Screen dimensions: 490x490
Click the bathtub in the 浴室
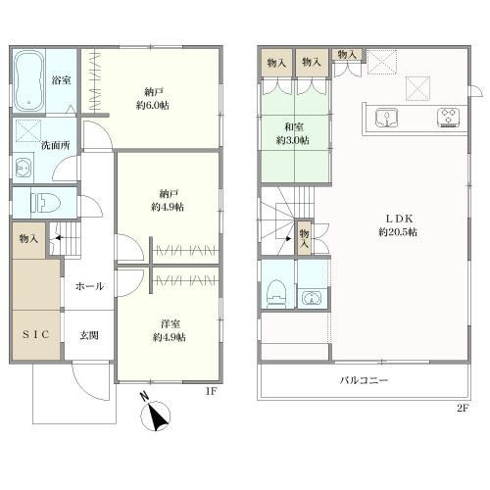click(29, 80)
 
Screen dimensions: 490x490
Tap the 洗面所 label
click(56, 145)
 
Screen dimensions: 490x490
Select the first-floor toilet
click(45, 203)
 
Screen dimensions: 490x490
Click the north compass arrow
click(155, 416)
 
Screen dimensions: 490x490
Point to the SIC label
click(36, 334)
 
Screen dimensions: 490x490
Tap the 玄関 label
click(89, 335)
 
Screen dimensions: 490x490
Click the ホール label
click(89, 286)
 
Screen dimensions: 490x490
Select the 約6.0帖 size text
click(153, 106)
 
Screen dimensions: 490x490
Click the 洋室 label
click(171, 323)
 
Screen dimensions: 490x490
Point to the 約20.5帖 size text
click(398, 232)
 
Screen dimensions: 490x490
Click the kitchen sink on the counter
click(386, 119)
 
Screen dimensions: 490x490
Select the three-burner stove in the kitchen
click(448, 118)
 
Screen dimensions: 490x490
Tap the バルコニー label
click(364, 380)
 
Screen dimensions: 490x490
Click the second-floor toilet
click(276, 294)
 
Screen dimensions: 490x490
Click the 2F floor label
click(463, 408)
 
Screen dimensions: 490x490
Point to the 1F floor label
click(211, 391)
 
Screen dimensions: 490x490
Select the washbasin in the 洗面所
click(24, 168)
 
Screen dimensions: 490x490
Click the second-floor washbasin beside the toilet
click(312, 297)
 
